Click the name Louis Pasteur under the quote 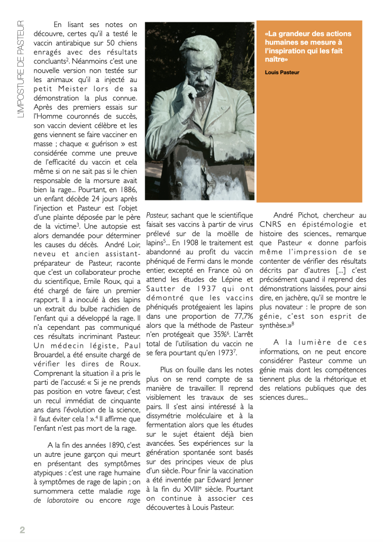point(282,72)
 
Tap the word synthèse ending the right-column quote point(275,326)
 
